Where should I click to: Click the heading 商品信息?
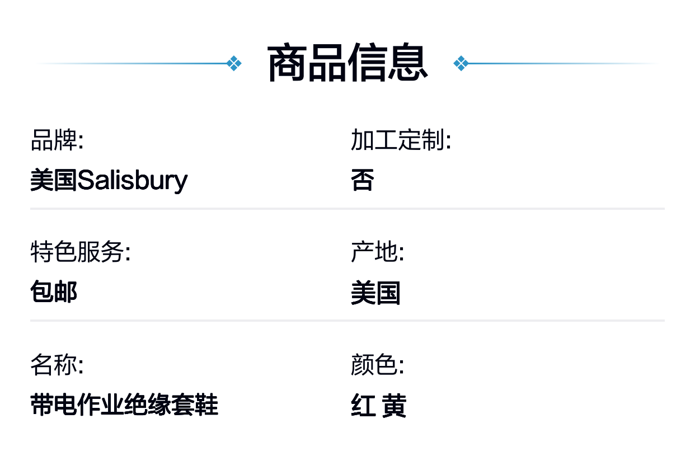pyautogui.click(x=347, y=62)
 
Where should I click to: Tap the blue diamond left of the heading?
pyautogui.click(x=234, y=63)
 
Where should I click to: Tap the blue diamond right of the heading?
pyautogui.click(x=461, y=63)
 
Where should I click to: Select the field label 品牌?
pyautogui.click(x=57, y=140)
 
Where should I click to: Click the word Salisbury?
pyautogui.click(x=133, y=181)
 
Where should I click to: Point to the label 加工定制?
pyautogui.click(x=401, y=140)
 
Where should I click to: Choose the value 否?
pyautogui.click(x=363, y=180)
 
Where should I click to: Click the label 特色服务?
pyautogui.click(x=81, y=252)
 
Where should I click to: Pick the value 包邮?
pyautogui.click(x=54, y=292)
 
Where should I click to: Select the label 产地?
pyautogui.click(x=377, y=252)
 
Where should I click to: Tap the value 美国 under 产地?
pyautogui.click(x=375, y=293)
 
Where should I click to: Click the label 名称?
pyautogui.click(x=57, y=364)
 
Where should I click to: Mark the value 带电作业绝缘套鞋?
pyautogui.click(x=124, y=405)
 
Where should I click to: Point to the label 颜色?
pyautogui.click(x=377, y=364)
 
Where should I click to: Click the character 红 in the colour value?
pyautogui.click(x=363, y=405)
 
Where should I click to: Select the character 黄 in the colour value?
pyautogui.click(x=394, y=405)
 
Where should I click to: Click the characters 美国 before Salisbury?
pyautogui.click(x=54, y=180)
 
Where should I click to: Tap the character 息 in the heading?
pyautogui.click(x=408, y=62)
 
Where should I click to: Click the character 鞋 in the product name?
pyautogui.click(x=206, y=405)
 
